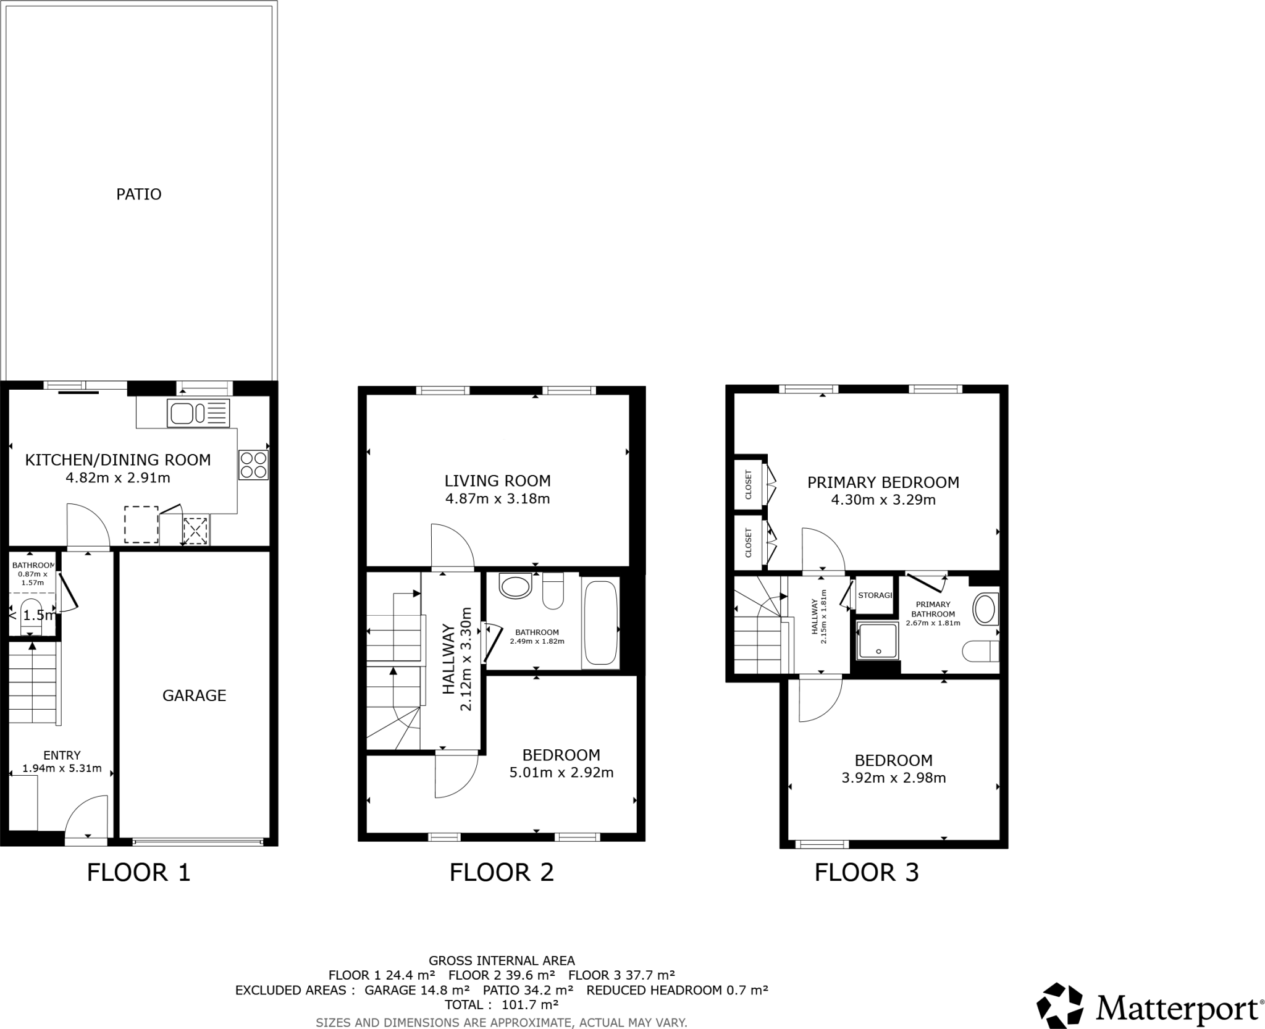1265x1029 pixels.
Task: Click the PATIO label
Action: (139, 195)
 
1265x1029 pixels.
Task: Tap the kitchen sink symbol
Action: (198, 413)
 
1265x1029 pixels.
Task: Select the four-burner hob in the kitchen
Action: (254, 465)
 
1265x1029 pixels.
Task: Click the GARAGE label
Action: (194, 695)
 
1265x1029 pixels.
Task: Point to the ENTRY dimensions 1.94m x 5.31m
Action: (62, 769)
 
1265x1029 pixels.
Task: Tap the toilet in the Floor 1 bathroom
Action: (32, 616)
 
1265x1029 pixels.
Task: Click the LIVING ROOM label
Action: (497, 481)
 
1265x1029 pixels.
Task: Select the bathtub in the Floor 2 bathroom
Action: (600, 623)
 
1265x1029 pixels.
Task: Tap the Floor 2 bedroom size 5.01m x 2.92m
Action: (561, 773)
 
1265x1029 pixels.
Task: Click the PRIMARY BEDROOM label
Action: (883, 482)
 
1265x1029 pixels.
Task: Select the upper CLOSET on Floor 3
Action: (749, 484)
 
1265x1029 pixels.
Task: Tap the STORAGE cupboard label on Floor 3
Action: (875, 595)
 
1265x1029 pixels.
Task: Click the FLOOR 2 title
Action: (501, 873)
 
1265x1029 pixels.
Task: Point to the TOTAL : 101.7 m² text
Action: (501, 1005)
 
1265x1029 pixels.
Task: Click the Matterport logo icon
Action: (1060, 1006)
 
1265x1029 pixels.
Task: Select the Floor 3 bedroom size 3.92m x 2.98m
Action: (893, 778)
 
